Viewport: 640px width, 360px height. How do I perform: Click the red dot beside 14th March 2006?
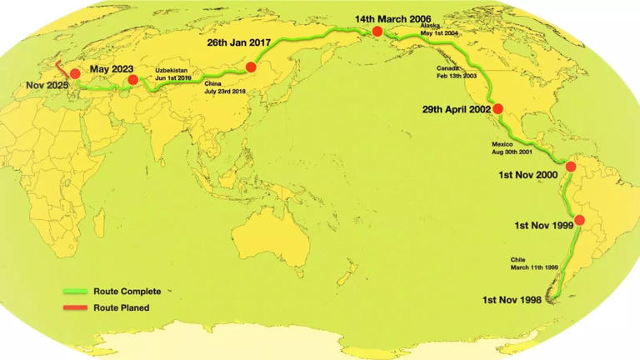377,31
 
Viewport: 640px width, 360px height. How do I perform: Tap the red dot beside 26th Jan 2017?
251,67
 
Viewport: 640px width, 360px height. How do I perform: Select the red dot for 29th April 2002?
498,108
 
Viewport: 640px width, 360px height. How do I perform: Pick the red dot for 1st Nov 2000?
571,167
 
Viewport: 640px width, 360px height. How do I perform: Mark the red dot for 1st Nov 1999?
579,220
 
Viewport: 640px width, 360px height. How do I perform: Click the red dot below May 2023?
132,80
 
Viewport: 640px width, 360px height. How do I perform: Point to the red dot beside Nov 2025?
75,73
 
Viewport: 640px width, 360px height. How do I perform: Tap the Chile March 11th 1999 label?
532,263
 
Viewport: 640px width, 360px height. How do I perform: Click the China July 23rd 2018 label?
225,87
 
